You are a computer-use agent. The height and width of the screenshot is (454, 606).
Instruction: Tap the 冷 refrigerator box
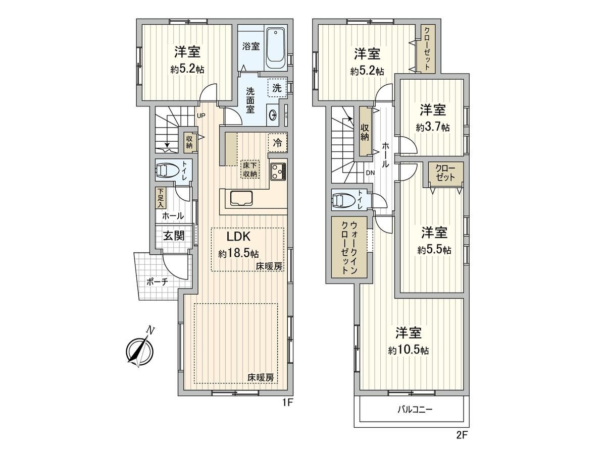[278, 142]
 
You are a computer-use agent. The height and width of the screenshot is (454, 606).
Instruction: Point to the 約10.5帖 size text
[409, 350]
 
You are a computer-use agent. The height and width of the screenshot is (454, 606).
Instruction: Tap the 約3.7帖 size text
[433, 128]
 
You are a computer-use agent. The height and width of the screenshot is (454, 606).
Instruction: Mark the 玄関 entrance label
[173, 236]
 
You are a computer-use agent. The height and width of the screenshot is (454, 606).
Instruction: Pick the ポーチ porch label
[157, 282]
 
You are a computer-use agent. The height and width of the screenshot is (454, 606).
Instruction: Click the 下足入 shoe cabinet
[160, 198]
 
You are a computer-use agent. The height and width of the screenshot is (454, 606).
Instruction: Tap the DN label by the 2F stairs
[370, 173]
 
